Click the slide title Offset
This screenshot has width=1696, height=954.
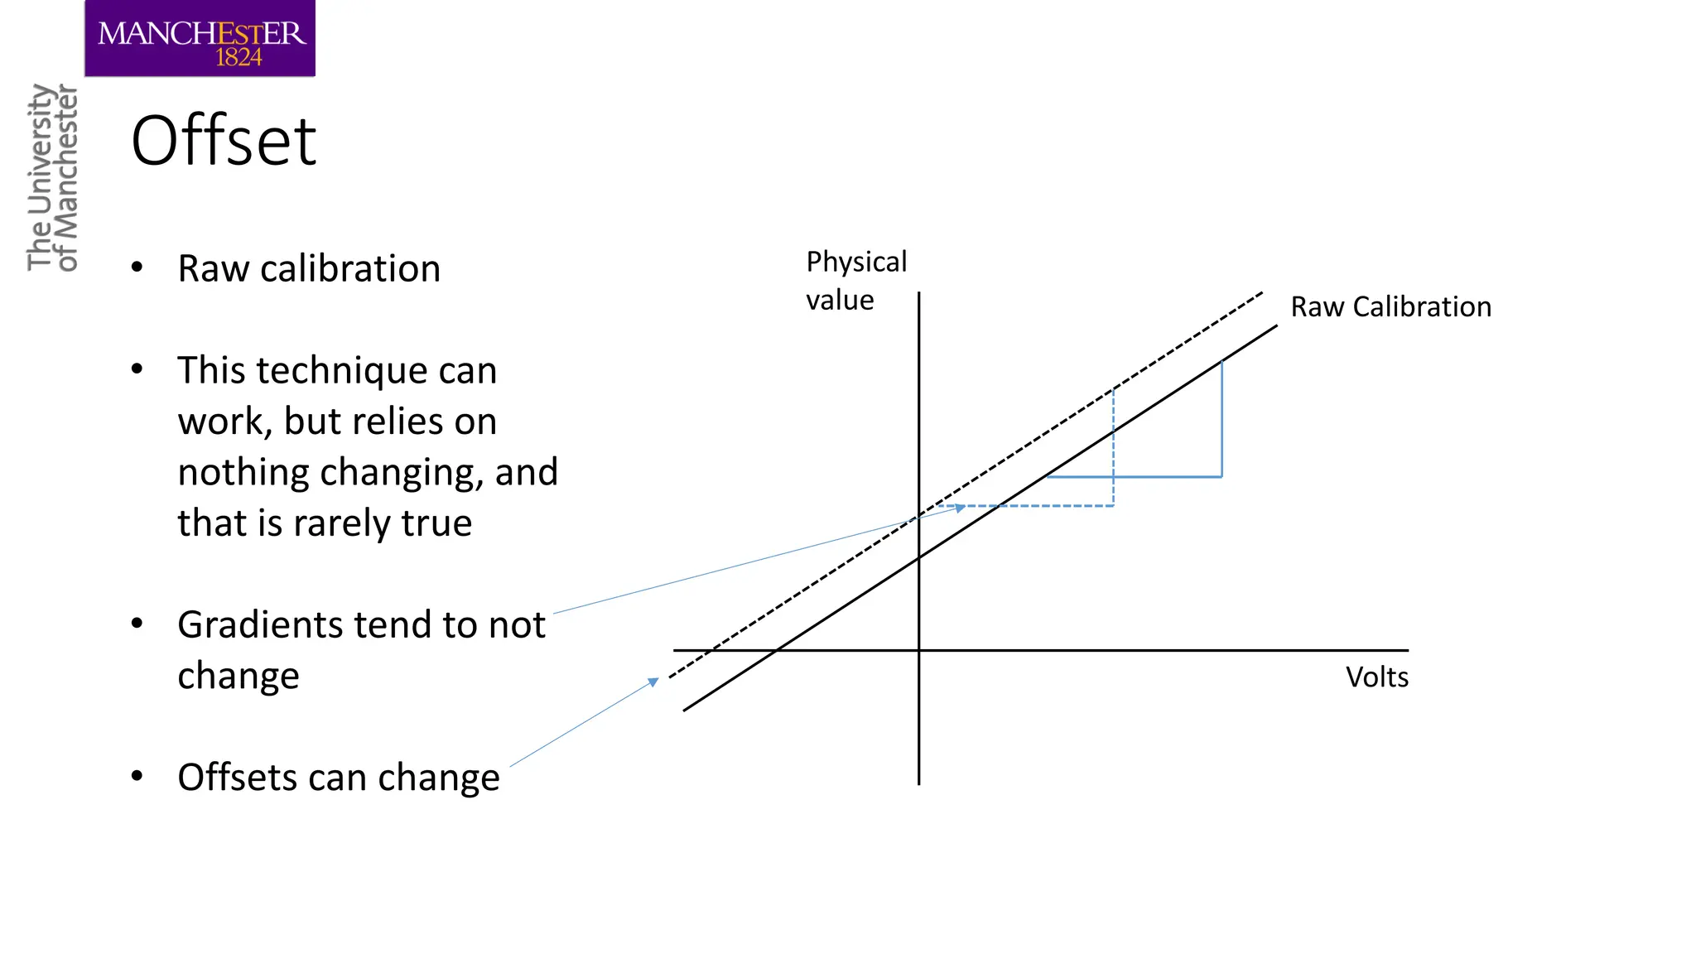pyautogui.click(x=224, y=141)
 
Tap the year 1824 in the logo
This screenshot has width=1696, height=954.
pyautogui.click(x=238, y=57)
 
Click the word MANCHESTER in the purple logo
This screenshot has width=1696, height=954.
pyautogui.click(x=201, y=34)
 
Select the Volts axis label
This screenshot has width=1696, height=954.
pyautogui.click(x=1376, y=677)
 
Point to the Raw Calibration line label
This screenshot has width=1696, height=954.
pyautogui.click(x=1390, y=307)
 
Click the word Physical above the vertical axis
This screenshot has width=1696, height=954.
pyautogui.click(x=856, y=262)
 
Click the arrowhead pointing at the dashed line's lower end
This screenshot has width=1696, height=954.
pyautogui.click(x=653, y=682)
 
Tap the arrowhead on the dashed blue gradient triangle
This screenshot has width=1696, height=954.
pyautogui.click(x=960, y=508)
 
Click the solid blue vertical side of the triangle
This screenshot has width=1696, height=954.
pyautogui.click(x=1221, y=418)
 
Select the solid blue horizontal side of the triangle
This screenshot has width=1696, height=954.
pyautogui.click(x=1135, y=477)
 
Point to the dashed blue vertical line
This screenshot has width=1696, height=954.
pyautogui.click(x=1113, y=447)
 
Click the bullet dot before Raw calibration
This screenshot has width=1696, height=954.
pyautogui.click(x=137, y=267)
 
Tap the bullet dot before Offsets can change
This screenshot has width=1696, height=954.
pyautogui.click(x=137, y=776)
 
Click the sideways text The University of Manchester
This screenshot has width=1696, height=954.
pyautogui.click(x=51, y=178)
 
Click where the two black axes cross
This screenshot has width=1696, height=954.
pyautogui.click(x=918, y=650)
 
